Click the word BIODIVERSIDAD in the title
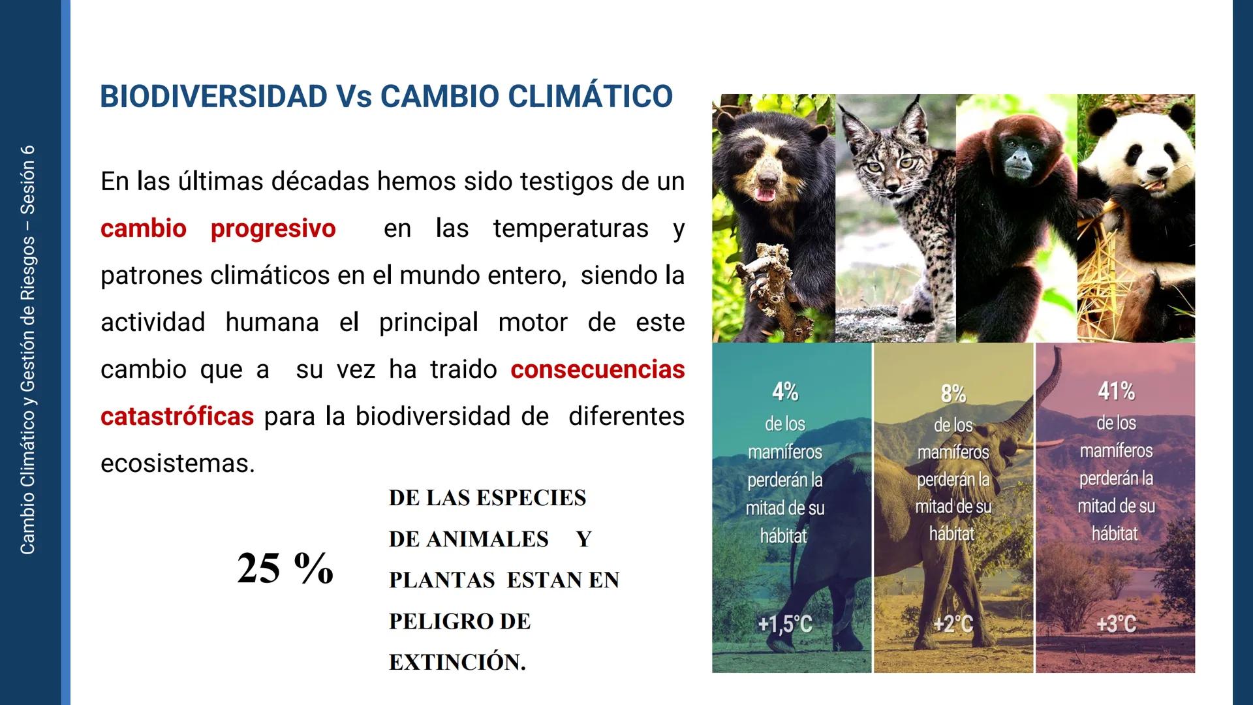pos(213,97)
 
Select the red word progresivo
pos(273,228)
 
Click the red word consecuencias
pos(597,369)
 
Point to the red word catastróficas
pos(177,416)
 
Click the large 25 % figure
pos(285,567)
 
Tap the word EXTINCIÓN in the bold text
pos(457,662)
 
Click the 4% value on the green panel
pos(785,392)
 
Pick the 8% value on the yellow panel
pos(953,394)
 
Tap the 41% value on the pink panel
pos(1116,391)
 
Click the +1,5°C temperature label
pos(785,624)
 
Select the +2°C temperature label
pos(953,624)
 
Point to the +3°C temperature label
pos(1116,624)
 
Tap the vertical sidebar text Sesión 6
pos(28,180)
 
